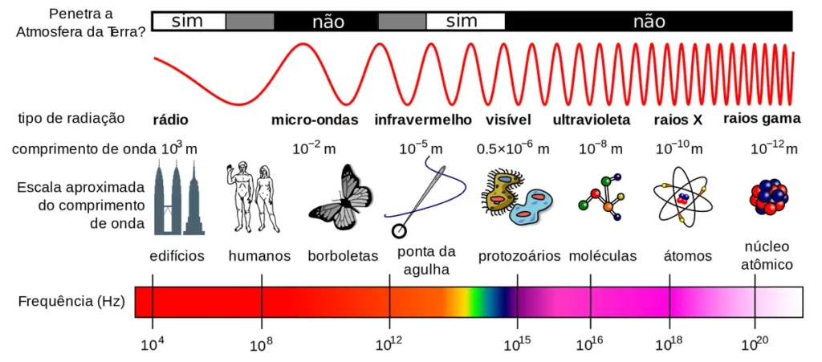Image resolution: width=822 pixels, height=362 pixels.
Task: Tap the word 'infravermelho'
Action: (423, 120)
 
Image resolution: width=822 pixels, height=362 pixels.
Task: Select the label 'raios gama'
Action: (762, 118)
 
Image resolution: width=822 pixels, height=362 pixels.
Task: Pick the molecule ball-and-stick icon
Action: (603, 196)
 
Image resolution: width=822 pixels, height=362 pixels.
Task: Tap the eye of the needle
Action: (398, 231)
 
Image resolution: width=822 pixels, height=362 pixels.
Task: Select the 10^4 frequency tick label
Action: (153, 346)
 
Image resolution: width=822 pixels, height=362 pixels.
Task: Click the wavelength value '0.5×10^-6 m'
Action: (513, 148)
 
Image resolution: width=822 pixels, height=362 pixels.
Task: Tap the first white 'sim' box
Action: (188, 21)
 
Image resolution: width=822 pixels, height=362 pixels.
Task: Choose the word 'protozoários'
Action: (519, 256)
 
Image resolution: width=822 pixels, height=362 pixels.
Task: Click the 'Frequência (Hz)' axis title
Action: (71, 302)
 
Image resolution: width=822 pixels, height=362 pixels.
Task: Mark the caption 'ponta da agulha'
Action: (426, 260)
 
